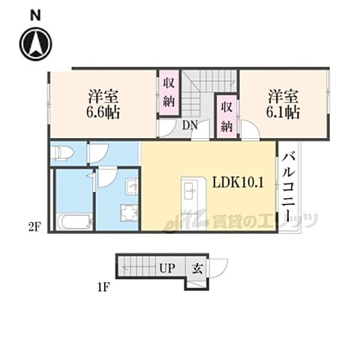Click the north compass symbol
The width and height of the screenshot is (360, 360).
point(36,44)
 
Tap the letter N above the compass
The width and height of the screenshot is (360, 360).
point(35,16)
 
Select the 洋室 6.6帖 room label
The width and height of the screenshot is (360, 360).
point(103,104)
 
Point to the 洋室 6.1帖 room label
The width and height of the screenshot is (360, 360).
point(283,104)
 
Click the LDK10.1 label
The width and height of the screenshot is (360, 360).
point(238,183)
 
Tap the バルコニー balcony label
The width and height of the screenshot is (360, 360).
point(289,188)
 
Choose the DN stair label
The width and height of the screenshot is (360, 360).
point(190,126)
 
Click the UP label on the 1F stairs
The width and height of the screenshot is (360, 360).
point(167,268)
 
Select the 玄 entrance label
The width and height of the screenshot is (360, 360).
point(197,269)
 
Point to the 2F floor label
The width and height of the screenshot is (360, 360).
point(34,228)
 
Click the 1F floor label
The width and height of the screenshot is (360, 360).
point(103,288)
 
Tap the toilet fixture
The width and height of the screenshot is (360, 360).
point(61,153)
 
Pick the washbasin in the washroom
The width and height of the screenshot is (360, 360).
point(132,186)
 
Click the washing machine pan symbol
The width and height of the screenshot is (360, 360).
point(129,213)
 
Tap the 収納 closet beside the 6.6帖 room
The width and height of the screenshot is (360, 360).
point(169,93)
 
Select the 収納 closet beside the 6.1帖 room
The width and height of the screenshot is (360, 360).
point(226,115)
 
